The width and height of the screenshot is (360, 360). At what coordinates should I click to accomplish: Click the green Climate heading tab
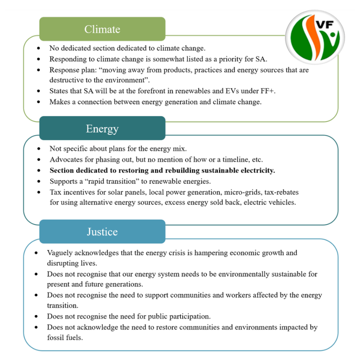102,29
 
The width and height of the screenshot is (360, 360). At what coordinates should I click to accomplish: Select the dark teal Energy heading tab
102,129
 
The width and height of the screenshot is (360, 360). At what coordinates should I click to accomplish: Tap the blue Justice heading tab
102,232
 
